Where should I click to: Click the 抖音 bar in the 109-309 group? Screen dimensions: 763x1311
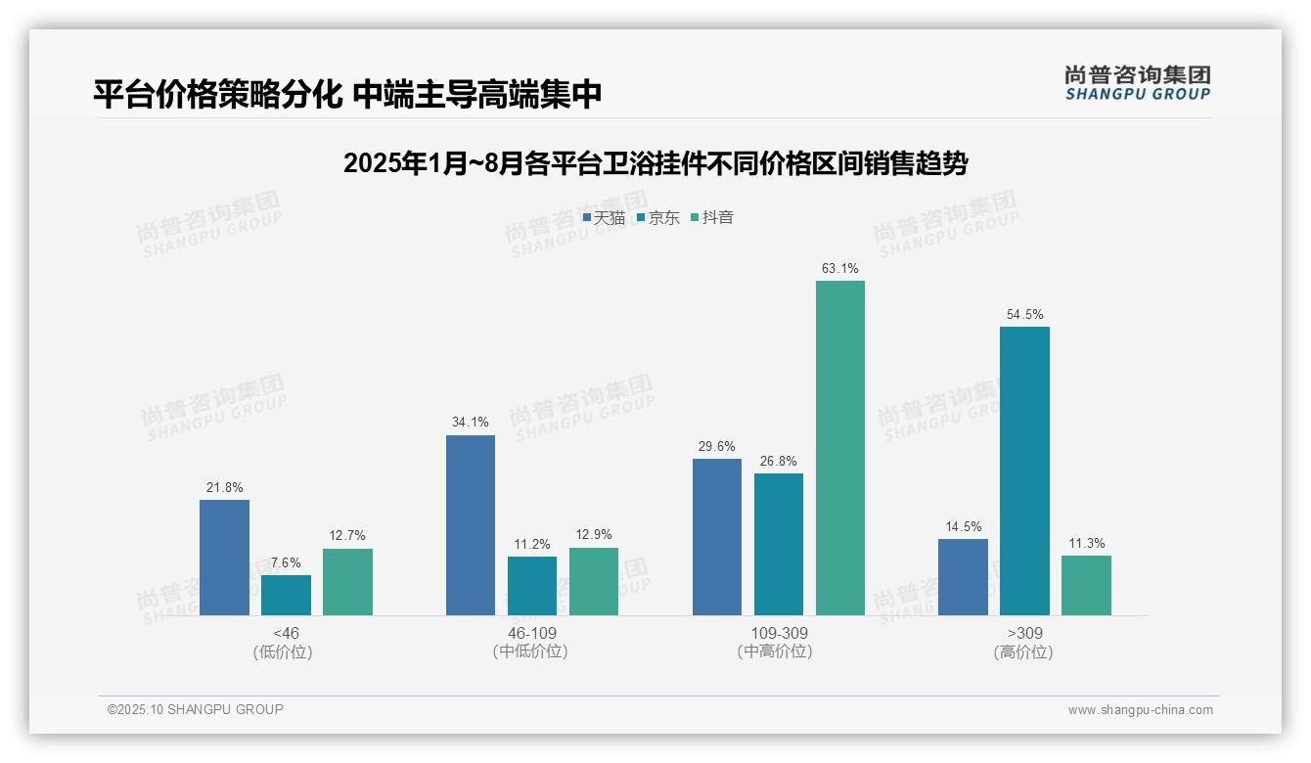click(x=840, y=448)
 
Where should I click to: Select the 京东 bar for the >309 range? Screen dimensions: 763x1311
click(x=1024, y=471)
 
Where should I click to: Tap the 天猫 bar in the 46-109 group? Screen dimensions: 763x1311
click(x=471, y=525)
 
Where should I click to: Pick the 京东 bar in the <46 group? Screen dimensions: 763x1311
click(x=286, y=595)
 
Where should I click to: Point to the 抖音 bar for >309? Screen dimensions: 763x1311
click(x=1086, y=585)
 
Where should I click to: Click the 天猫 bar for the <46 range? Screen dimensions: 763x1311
click(x=224, y=558)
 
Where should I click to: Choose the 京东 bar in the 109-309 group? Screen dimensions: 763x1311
click(x=779, y=544)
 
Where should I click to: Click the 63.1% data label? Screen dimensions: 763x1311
click(x=840, y=268)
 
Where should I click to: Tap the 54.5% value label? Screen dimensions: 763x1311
click(x=1024, y=314)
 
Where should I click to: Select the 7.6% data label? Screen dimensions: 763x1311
click(x=286, y=562)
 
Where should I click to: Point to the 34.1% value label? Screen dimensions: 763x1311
click(x=471, y=423)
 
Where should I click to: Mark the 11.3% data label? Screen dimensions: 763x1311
click(x=1086, y=543)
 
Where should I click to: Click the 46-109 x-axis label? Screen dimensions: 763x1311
click(x=532, y=633)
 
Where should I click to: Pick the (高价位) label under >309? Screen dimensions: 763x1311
click(x=1023, y=652)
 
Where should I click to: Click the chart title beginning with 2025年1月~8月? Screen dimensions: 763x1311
click(x=655, y=163)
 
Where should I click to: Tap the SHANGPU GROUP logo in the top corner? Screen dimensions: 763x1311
click(x=1137, y=83)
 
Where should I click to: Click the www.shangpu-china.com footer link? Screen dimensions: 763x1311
click(x=1140, y=710)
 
